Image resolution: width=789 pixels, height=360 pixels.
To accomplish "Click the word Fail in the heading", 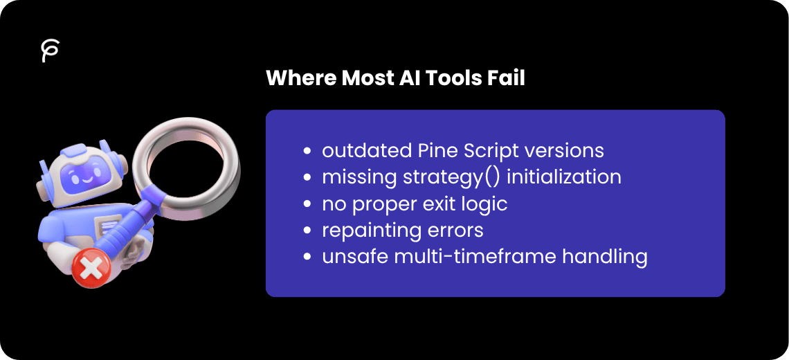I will [506, 78].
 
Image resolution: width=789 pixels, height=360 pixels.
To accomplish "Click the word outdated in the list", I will [365, 150].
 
